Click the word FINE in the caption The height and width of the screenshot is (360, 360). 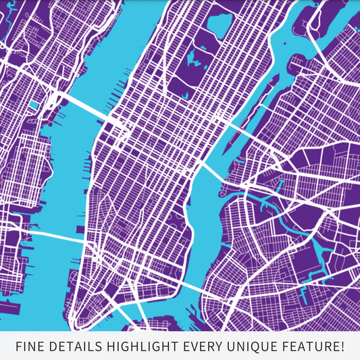click(29, 347)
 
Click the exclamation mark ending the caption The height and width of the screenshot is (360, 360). click(343, 347)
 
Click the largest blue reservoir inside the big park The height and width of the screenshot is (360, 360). click(220, 25)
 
